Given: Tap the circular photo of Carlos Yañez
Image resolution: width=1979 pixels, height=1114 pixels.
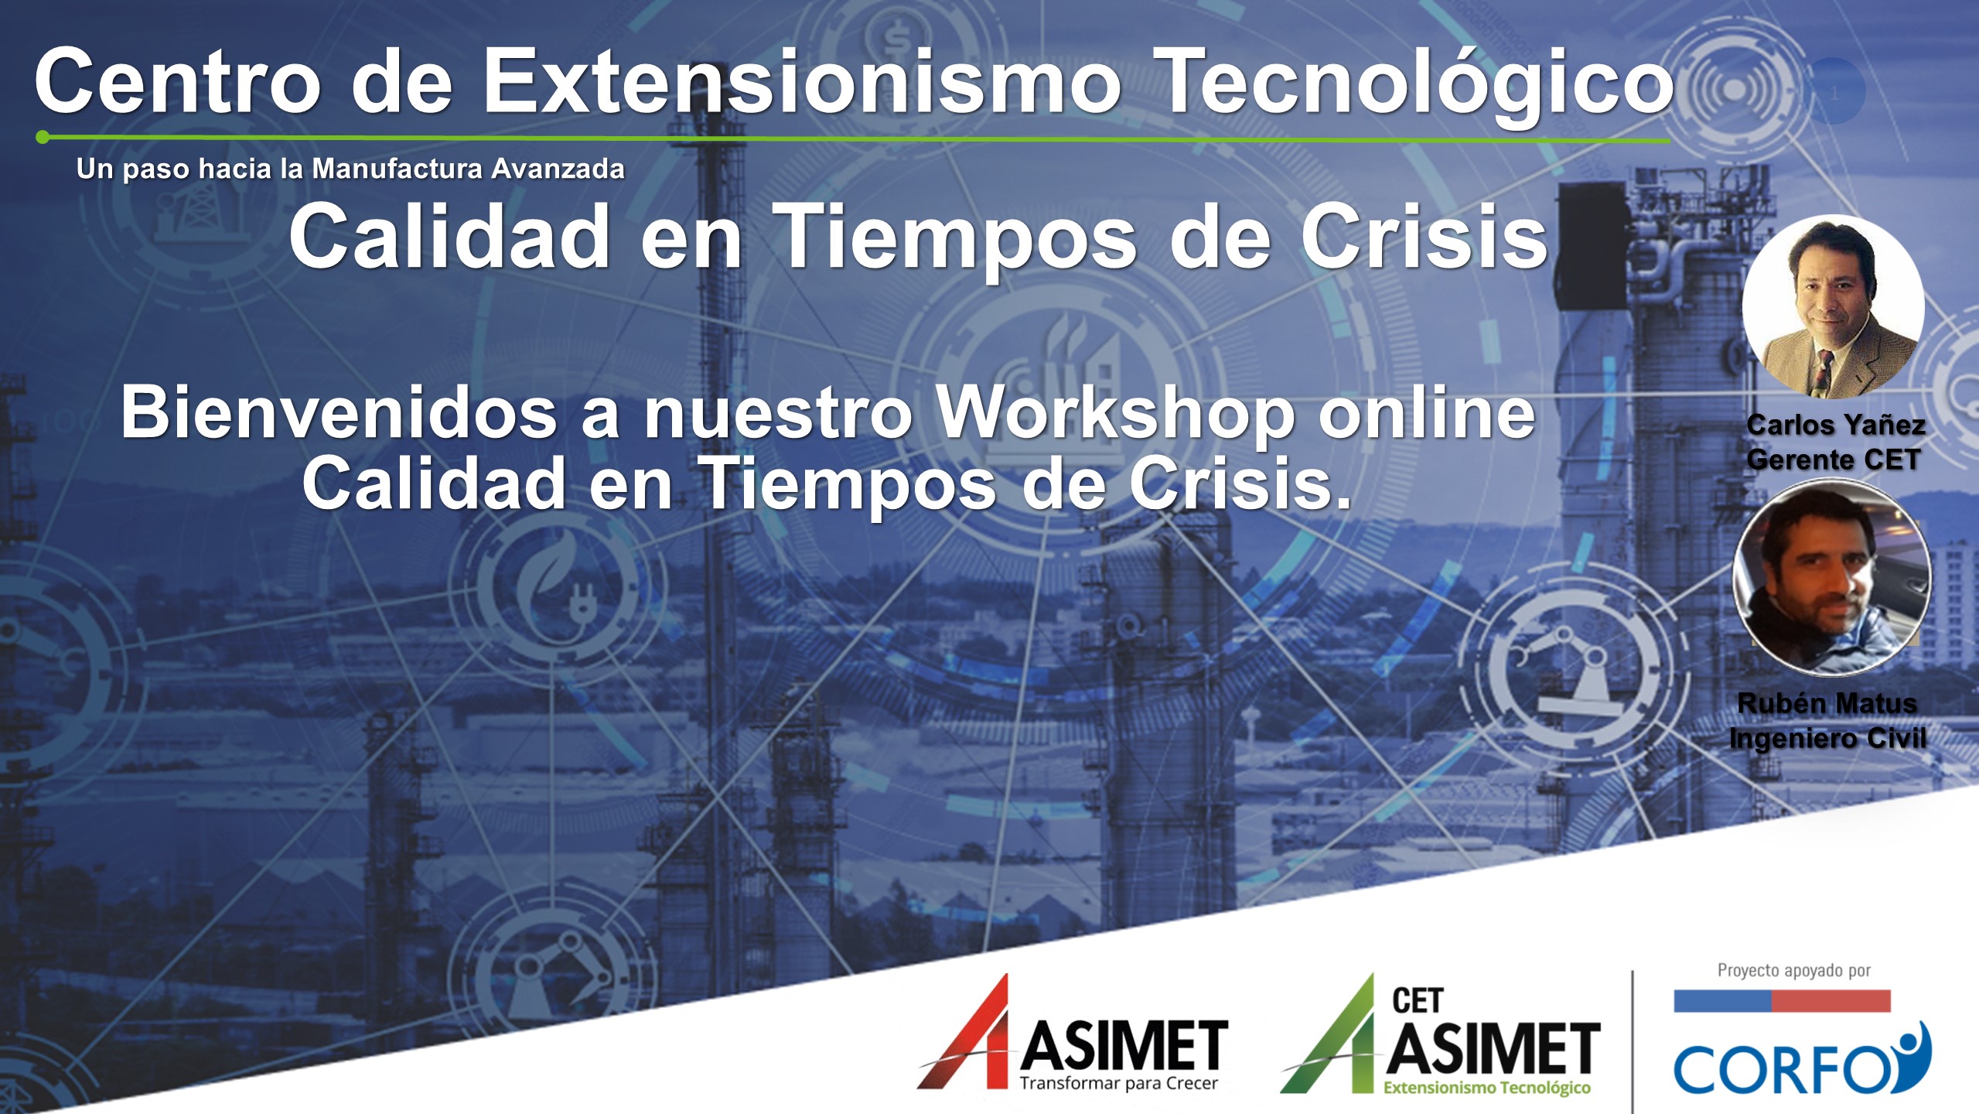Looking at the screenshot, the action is pyautogui.click(x=1833, y=307).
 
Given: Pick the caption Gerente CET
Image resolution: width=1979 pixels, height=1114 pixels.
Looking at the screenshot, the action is pyautogui.click(x=1833, y=460).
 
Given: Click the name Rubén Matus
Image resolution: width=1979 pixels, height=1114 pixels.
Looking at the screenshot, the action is pyautogui.click(x=1827, y=703).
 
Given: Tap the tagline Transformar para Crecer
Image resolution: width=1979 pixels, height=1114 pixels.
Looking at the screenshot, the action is pyautogui.click(x=1119, y=1083).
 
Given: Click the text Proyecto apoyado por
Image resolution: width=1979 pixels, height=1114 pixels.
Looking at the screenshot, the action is pyautogui.click(x=1794, y=970).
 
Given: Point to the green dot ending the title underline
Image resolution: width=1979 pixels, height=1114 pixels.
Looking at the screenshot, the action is pyautogui.click(x=43, y=138).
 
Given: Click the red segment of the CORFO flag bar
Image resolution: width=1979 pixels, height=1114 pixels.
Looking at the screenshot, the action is pyautogui.click(x=1831, y=1000).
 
